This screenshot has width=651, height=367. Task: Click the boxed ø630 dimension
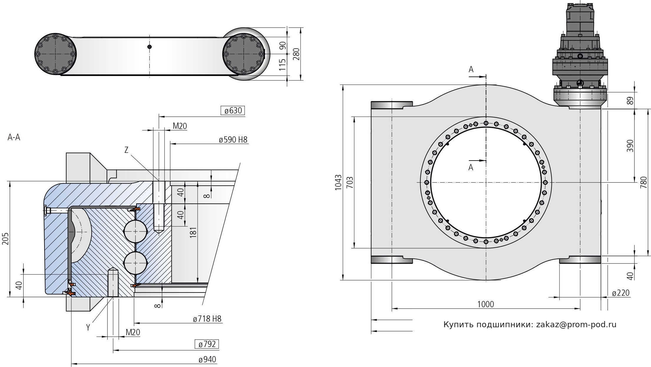coord(233,110)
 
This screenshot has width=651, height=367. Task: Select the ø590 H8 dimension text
coord(233,139)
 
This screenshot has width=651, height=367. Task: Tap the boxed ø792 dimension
coord(207,344)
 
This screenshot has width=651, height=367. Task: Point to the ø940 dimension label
coord(207,359)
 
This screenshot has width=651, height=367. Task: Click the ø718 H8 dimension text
coord(207,318)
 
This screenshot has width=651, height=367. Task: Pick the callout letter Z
coord(126,150)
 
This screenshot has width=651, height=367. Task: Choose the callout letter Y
coord(88,327)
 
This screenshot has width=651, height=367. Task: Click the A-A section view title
coord(14,137)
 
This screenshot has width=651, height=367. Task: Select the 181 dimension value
coord(193,233)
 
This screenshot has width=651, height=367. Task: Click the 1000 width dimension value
coord(486,304)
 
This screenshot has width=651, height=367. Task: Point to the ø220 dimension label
coord(620,293)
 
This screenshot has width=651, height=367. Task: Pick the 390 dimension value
coord(630,146)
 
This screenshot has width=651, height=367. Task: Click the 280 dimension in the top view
coord(296,54)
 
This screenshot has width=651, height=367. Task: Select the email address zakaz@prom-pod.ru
coord(576,325)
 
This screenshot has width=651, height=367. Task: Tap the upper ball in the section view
coord(135,232)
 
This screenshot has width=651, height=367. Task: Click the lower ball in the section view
coord(135,263)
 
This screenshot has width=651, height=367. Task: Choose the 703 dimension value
coord(349,182)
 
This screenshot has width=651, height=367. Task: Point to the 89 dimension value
coord(630,101)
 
